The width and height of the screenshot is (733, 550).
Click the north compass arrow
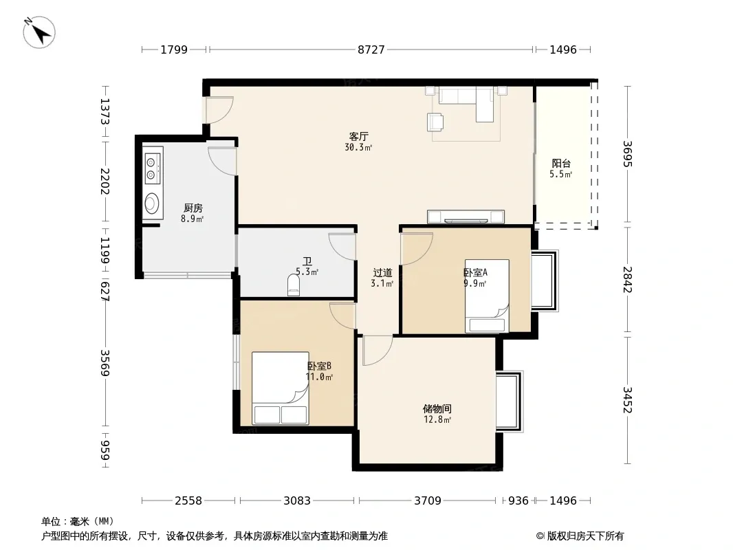39,32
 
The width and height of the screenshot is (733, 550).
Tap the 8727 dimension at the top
371,49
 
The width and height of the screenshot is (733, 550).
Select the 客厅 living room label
358,136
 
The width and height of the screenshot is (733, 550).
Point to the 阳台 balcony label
561,164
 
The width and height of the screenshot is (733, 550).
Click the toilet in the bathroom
294,285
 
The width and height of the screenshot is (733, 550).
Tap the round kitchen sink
152,203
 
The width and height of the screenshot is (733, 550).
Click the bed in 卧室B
280,388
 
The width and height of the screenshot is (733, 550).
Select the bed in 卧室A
487,296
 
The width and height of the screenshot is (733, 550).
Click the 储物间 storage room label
437,409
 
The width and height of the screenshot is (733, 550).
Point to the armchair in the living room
435,122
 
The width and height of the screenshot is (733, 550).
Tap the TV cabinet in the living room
466,217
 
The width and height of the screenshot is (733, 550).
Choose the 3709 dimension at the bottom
428,501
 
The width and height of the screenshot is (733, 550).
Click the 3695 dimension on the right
627,154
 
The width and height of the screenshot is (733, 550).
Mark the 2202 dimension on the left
105,181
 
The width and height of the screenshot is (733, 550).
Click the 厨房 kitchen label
193,208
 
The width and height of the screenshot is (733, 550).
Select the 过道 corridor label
382,272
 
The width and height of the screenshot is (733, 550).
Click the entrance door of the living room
219,110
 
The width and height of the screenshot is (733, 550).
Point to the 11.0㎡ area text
319,377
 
